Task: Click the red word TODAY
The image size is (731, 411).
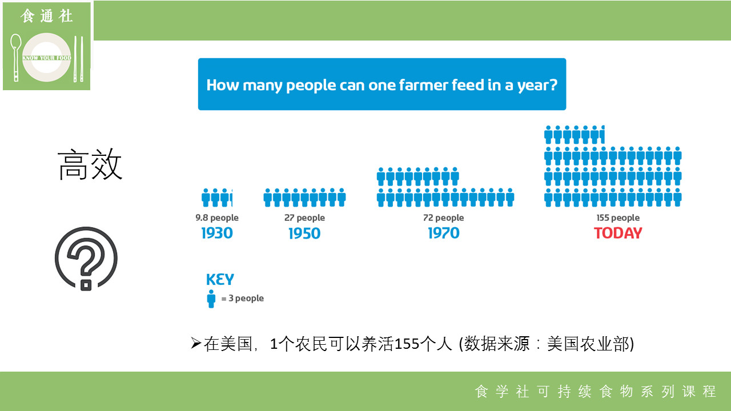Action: tap(618, 233)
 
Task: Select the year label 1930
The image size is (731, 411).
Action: tap(217, 233)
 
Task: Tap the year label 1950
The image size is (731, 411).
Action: tap(304, 233)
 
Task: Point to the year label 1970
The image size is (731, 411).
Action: tap(444, 233)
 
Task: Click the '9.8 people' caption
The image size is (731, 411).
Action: tap(217, 217)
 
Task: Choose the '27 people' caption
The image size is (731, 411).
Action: tap(304, 217)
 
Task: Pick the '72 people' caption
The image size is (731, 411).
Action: tap(444, 217)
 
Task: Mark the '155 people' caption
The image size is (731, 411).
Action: tap(618, 217)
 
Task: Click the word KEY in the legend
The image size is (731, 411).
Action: tap(220, 280)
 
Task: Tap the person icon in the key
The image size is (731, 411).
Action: tap(211, 299)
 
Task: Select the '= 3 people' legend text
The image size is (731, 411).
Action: tap(243, 299)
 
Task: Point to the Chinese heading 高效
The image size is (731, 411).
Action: tap(90, 164)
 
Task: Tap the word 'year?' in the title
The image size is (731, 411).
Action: tap(537, 86)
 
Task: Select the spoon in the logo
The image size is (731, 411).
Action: tap(15, 58)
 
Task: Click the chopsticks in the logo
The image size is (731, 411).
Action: tap(78, 59)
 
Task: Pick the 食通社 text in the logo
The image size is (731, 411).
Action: tap(46, 16)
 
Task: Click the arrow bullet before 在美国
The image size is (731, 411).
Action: tap(196, 343)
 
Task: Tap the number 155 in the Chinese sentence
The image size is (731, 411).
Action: tap(407, 344)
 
